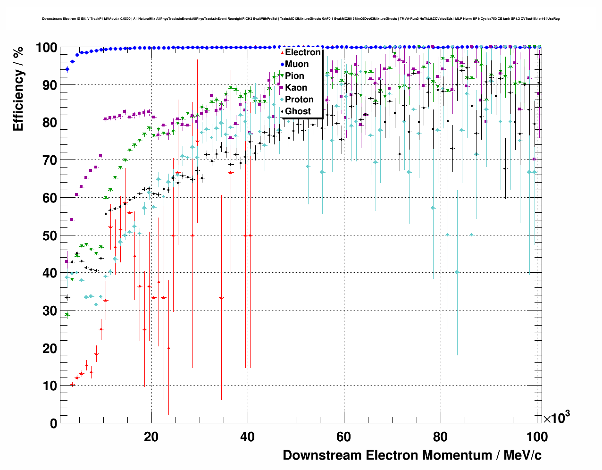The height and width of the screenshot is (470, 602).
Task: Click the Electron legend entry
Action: tap(302, 52)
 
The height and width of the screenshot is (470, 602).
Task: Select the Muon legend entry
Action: tap(297, 64)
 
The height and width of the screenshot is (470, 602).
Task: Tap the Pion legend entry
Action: tap(294, 76)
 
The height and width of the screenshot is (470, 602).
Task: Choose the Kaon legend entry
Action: tap(296, 88)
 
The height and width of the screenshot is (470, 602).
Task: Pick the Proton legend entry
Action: tap(299, 100)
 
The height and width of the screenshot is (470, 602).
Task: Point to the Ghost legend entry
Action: tap(298, 111)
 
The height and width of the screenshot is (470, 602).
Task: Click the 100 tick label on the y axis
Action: tap(46, 48)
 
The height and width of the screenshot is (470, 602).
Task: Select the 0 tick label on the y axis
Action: tap(54, 424)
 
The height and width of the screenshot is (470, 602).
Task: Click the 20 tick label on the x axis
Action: tap(151, 437)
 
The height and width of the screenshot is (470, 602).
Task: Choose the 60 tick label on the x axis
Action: tap(343, 437)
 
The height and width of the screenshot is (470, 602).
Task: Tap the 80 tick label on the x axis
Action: tap(440, 437)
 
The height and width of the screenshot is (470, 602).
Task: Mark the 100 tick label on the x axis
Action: tap(536, 437)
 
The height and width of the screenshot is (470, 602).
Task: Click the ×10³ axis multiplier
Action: tap(556, 418)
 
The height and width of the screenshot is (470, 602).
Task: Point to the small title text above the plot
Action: tap(301, 19)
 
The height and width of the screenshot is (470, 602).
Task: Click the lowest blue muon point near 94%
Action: tap(67, 69)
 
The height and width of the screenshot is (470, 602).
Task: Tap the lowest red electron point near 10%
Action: tap(72, 385)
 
